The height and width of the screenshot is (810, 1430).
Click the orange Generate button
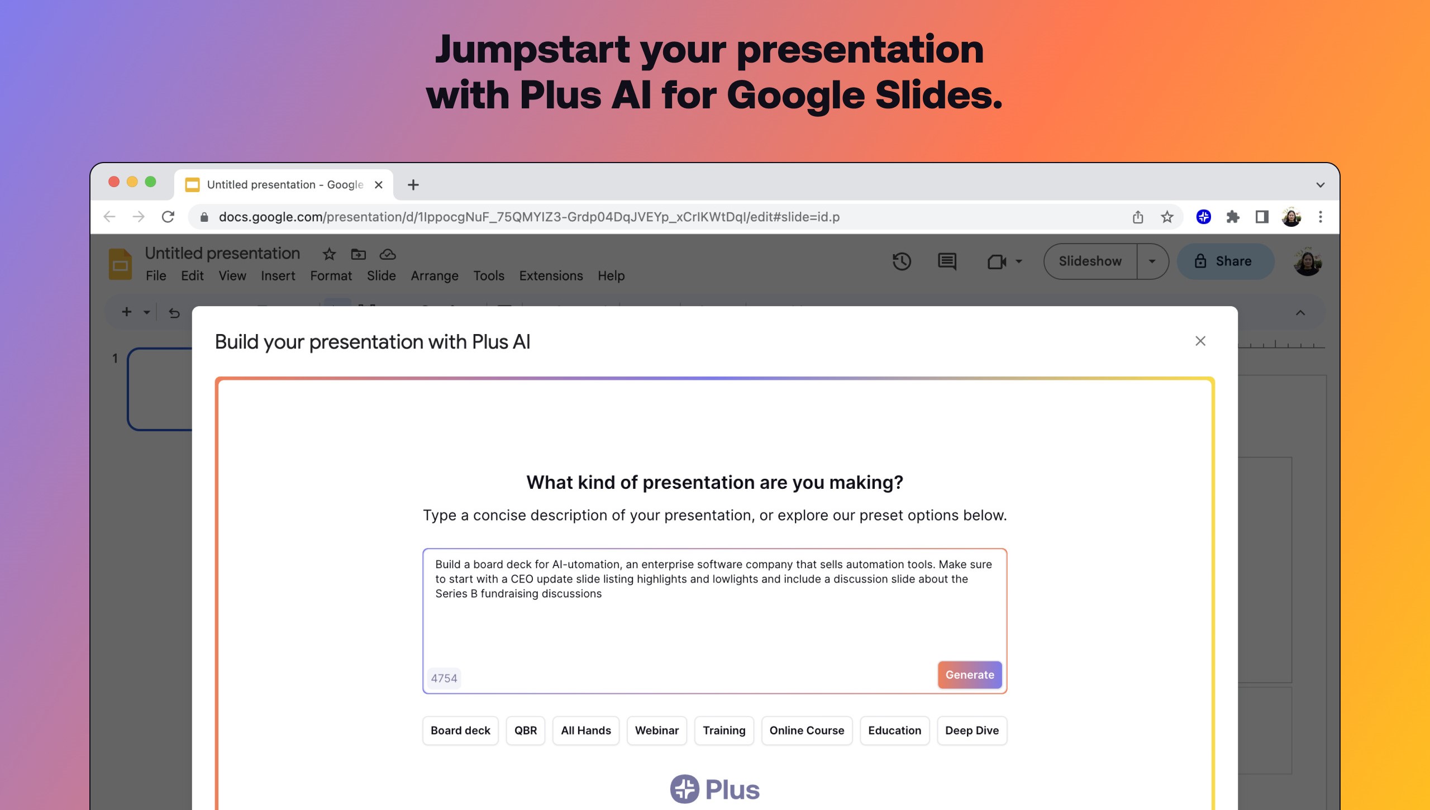click(x=969, y=675)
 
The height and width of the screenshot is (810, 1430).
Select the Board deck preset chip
click(x=460, y=731)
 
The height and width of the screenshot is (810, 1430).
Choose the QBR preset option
click(x=525, y=731)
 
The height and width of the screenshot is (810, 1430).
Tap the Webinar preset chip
click(x=656, y=731)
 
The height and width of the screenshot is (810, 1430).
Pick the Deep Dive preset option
click(x=971, y=731)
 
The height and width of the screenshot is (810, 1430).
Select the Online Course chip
click(x=807, y=731)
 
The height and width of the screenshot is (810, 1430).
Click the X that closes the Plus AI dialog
click(x=1200, y=341)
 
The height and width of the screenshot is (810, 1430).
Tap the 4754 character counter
click(x=444, y=678)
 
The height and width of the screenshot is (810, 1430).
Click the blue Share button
click(x=1225, y=261)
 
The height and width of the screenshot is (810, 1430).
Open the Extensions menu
click(x=551, y=276)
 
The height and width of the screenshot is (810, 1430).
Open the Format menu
click(x=331, y=276)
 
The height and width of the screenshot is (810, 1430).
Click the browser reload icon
click(x=168, y=217)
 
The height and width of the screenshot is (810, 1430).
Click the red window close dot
click(x=114, y=182)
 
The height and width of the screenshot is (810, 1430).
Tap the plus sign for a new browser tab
click(x=413, y=185)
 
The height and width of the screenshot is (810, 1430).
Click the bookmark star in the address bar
click(x=1167, y=217)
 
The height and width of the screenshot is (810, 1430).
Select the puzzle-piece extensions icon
click(x=1232, y=217)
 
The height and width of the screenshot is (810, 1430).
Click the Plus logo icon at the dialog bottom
click(x=684, y=789)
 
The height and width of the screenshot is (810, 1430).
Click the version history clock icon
click(x=902, y=261)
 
